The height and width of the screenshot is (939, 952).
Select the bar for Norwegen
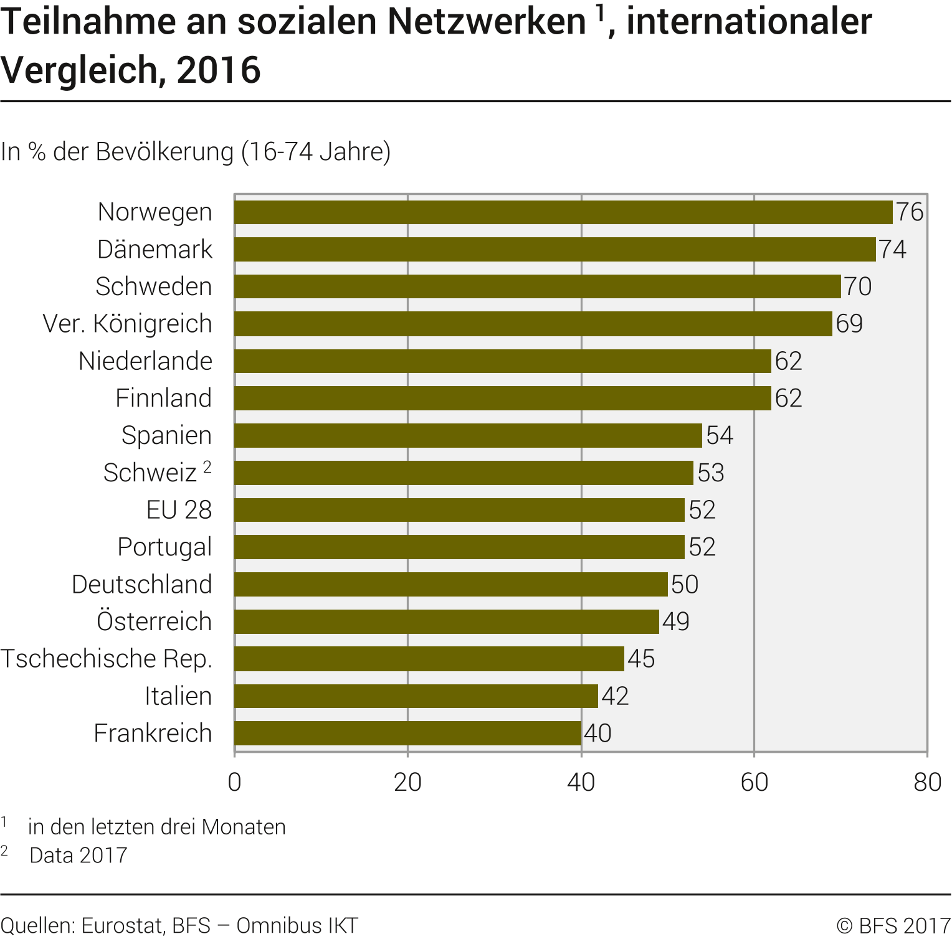click(x=563, y=212)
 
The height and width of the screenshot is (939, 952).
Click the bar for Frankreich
click(x=407, y=734)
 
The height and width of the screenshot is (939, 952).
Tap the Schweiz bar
click(x=464, y=473)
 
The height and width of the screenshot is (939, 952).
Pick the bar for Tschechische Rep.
click(x=429, y=659)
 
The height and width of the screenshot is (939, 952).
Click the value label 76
click(x=910, y=212)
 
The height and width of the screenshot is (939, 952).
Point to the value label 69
click(x=849, y=324)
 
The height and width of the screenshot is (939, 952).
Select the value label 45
click(x=641, y=659)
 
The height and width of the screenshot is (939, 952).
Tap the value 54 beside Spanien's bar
click(x=720, y=435)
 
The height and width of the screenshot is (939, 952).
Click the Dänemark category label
click(x=155, y=250)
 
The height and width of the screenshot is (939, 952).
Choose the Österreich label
click(x=154, y=621)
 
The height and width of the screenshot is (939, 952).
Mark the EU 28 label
click(x=179, y=510)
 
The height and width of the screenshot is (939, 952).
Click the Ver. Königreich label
click(x=127, y=324)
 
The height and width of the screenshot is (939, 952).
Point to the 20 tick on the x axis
click(x=407, y=782)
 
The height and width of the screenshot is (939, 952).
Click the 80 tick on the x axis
click(x=927, y=782)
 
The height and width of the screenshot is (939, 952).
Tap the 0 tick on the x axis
click(x=234, y=782)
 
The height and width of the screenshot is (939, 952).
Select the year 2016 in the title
click(x=218, y=70)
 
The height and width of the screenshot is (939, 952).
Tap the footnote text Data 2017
click(x=78, y=856)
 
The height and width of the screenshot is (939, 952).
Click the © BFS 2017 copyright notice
click(x=893, y=926)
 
